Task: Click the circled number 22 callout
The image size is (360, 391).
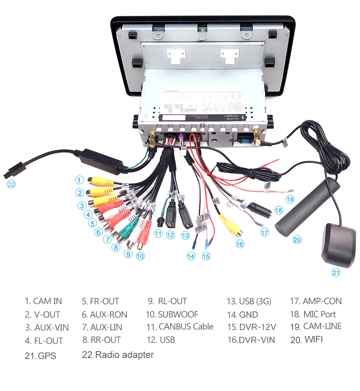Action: pyautogui.click(x=11, y=184)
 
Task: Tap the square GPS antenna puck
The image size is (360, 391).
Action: pyautogui.click(x=338, y=245)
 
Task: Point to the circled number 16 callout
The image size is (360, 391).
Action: pyautogui.click(x=240, y=244)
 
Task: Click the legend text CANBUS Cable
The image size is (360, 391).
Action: pyautogui.click(x=180, y=327)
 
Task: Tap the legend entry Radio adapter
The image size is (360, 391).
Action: pyautogui.click(x=118, y=355)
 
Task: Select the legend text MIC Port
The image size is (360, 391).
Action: pyautogui.click(x=313, y=314)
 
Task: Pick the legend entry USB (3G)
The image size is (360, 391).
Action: pyautogui.click(x=249, y=301)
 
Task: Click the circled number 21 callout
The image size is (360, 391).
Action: pyautogui.click(x=336, y=273)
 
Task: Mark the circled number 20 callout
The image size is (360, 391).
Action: pyautogui.click(x=297, y=240)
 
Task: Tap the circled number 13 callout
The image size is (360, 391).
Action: pyautogui.click(x=185, y=236)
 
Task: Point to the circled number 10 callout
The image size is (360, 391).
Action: pyautogui.click(x=140, y=256)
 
